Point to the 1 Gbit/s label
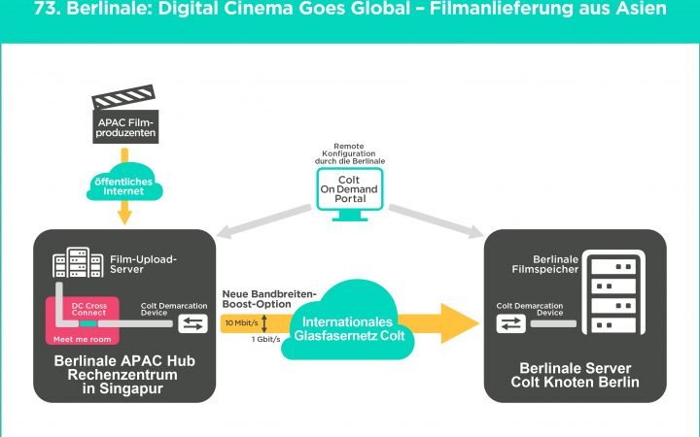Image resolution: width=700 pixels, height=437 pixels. pyautogui.click(x=265, y=339)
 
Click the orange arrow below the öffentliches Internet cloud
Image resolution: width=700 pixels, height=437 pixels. pyautogui.click(x=123, y=215)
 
